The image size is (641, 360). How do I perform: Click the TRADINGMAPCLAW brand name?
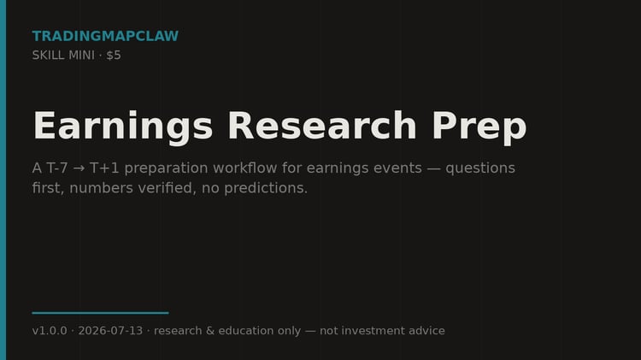coord(105,36)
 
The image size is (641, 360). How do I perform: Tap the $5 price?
coord(114,56)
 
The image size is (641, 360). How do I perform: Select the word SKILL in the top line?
coord(48,56)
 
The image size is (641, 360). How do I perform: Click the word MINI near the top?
coord(81,56)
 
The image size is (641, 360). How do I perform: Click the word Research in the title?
coord(322,126)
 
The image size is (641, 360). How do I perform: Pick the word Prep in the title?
coord(479,127)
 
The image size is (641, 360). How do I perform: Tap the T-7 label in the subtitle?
coord(56,168)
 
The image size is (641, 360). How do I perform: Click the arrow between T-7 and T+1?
coord(79,168)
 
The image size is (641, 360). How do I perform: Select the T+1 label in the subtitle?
coord(104,168)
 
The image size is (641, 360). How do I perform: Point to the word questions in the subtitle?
coord(480,168)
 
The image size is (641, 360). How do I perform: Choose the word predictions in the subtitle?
coord(266,189)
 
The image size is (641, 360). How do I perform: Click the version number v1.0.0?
coord(50,331)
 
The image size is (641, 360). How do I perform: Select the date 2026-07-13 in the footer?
coord(110,331)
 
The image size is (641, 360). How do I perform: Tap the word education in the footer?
coord(245,331)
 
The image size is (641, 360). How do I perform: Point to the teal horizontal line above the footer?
coord(101,313)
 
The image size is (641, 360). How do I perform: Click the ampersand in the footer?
coord(210,331)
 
